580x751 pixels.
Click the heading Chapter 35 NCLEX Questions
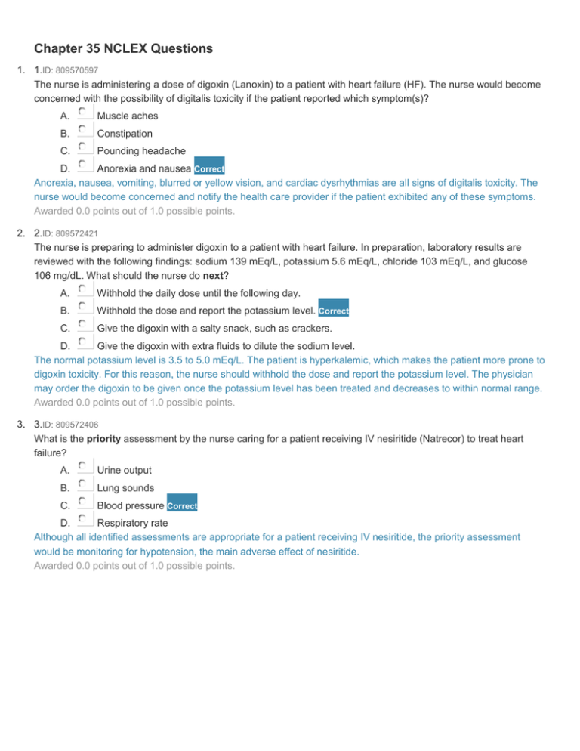[x=123, y=49]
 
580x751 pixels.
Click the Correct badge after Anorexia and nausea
[x=209, y=168]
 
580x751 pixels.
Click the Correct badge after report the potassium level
[x=333, y=311]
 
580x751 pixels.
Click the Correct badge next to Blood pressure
[x=182, y=505]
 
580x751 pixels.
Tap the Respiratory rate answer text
[x=133, y=523]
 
